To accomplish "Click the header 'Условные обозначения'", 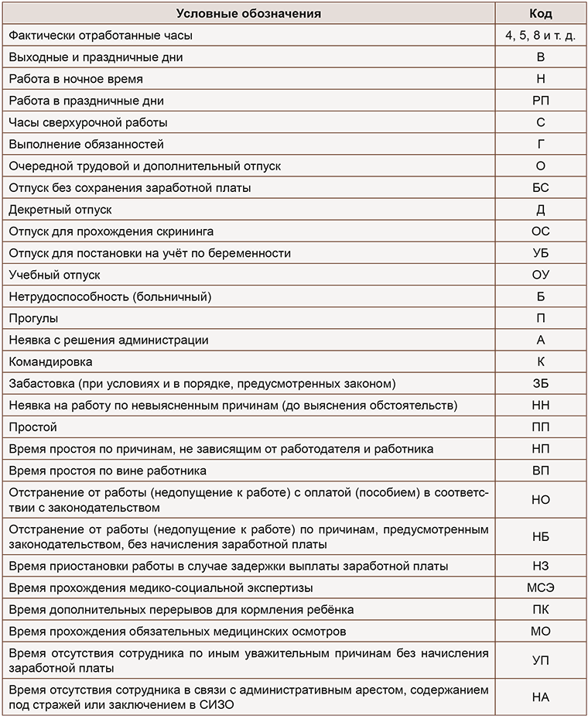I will click(x=248, y=13).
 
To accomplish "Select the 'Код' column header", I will click(x=540, y=13).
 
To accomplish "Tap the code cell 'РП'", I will click(x=540, y=101).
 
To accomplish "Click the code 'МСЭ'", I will click(x=540, y=587).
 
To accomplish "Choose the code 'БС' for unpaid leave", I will click(x=540, y=187).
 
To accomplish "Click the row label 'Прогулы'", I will click(x=33, y=318).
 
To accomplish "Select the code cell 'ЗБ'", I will click(x=540, y=383).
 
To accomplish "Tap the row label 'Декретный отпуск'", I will click(x=60, y=209).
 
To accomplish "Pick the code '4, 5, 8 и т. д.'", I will click(x=540, y=36).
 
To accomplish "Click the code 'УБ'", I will click(x=540, y=253).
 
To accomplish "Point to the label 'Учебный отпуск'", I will click(x=54, y=275).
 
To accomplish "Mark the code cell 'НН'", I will click(x=540, y=405).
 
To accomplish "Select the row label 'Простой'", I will click(x=32, y=427).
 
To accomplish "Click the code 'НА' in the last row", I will click(x=540, y=697).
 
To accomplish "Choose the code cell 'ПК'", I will click(x=540, y=609).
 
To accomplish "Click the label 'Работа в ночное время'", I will click(x=76, y=79).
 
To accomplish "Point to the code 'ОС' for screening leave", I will click(x=540, y=231).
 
